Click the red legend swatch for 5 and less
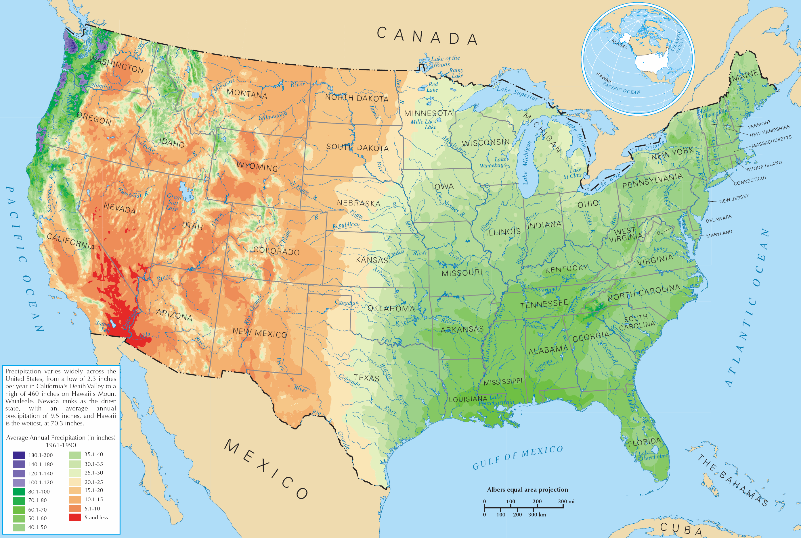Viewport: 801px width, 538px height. pyautogui.click(x=75, y=517)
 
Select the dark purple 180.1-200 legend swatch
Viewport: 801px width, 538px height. pyautogui.click(x=19, y=455)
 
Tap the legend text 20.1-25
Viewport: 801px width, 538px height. pyautogui.click(x=94, y=482)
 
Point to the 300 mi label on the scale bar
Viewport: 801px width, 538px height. pyautogui.click(x=566, y=501)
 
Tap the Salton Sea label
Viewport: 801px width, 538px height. pyautogui.click(x=103, y=326)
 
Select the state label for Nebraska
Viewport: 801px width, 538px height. pyautogui.click(x=358, y=203)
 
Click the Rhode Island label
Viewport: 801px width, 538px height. pyautogui.click(x=764, y=166)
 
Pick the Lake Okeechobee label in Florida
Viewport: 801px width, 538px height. pyautogui.click(x=653, y=455)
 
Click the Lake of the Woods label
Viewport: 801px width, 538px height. pyautogui.click(x=445, y=61)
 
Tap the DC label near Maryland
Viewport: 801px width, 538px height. pyautogui.click(x=660, y=233)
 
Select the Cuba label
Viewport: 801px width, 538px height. pyautogui.click(x=680, y=529)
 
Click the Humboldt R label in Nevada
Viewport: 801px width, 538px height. pyautogui.click(x=133, y=192)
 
